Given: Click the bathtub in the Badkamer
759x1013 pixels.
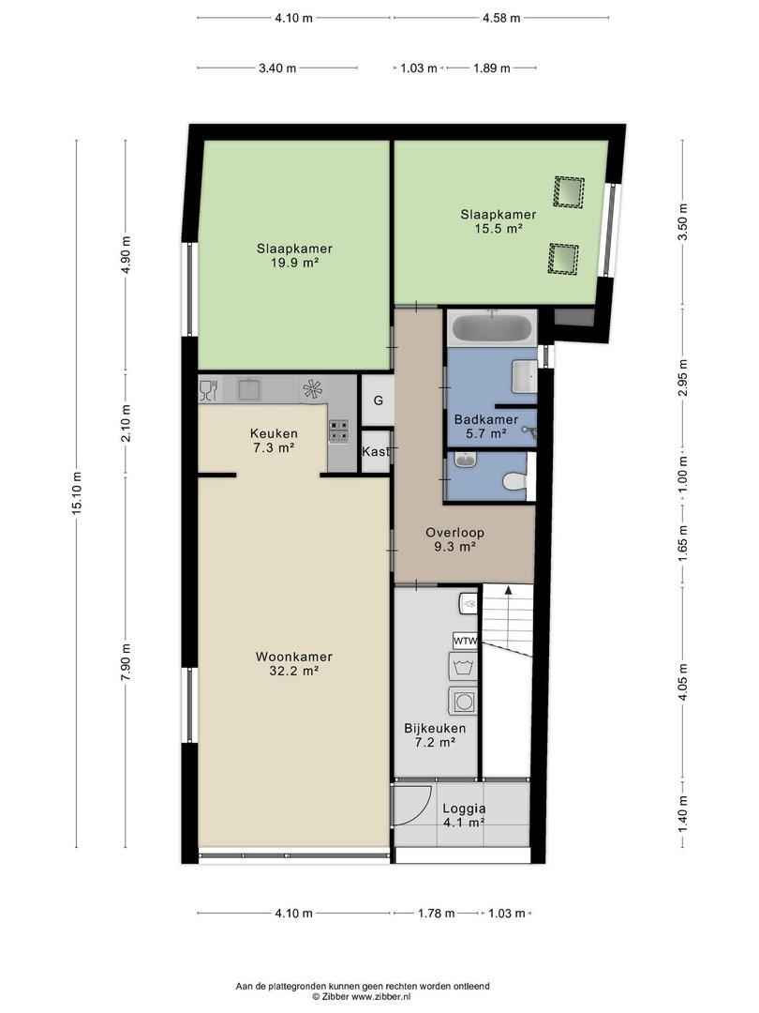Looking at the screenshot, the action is tap(494, 328).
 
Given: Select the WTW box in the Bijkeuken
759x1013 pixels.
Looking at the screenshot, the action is tap(466, 641).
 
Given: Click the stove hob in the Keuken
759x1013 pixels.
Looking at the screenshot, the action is tap(339, 431).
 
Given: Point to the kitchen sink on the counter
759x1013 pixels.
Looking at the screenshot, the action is tap(249, 390).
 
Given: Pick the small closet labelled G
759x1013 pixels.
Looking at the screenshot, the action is tap(378, 400).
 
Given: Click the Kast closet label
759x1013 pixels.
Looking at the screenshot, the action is tap(376, 451).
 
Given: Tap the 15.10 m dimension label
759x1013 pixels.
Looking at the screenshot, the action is tap(78, 493).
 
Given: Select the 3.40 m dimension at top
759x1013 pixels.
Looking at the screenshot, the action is tap(277, 68).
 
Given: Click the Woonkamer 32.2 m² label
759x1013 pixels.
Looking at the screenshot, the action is tap(293, 663).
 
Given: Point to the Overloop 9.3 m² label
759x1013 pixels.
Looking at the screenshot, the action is tap(454, 539).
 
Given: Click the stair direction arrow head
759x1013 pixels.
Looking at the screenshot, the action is tap(509, 589).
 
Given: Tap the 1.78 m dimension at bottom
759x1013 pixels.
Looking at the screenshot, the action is tap(437, 913).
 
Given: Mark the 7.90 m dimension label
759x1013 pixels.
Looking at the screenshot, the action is tap(126, 661).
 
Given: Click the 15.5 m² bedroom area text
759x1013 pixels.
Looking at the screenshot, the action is tap(498, 229).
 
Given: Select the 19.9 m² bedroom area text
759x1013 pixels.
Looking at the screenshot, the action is tap(294, 263).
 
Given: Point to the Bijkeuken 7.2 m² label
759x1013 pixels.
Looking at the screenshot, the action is tap(435, 735).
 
